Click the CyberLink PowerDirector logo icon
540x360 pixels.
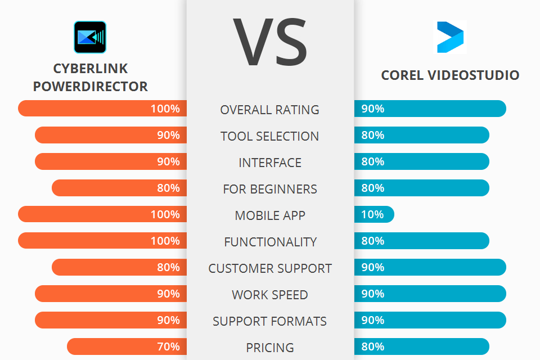90,37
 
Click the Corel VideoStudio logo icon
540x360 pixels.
451,37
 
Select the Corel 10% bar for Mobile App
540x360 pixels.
374,214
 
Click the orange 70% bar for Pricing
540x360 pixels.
127,346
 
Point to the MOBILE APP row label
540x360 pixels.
270,215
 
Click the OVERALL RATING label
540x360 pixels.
270,110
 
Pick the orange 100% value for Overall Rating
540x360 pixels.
165,109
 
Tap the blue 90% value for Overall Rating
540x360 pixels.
373,109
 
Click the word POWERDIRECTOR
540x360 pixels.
91,87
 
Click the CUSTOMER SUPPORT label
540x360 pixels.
270,268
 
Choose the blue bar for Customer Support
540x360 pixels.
430,267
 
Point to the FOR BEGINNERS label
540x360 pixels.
270,189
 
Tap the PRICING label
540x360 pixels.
270,348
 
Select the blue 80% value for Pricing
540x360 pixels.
373,346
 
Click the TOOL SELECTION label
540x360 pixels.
270,136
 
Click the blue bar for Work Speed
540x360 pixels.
430,294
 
